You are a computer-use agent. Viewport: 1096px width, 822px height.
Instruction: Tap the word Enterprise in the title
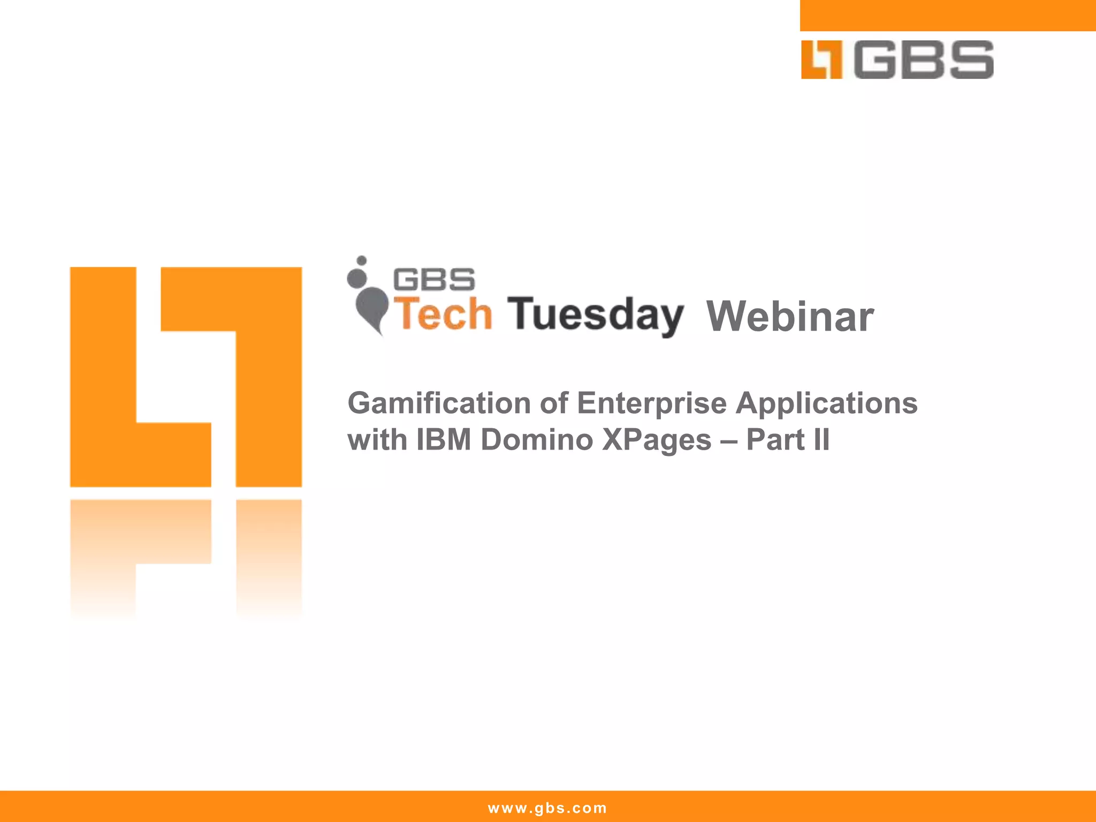click(x=651, y=404)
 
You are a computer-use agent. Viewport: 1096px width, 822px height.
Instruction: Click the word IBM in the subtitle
click(x=444, y=440)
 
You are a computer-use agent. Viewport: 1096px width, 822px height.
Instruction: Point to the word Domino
click(x=537, y=440)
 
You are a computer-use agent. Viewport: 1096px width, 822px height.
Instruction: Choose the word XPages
click(x=656, y=440)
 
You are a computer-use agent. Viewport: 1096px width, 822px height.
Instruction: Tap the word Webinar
click(x=790, y=317)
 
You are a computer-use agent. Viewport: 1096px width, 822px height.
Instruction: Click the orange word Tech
click(x=443, y=315)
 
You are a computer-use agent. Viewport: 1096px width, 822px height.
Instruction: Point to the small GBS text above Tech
click(x=433, y=280)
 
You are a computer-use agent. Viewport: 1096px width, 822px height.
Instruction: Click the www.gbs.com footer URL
click(x=547, y=808)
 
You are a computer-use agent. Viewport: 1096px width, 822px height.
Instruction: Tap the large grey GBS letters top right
click(x=924, y=60)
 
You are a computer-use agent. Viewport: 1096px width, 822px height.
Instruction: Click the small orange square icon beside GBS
click(x=821, y=60)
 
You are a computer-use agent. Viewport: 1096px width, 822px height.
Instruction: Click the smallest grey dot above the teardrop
click(x=362, y=261)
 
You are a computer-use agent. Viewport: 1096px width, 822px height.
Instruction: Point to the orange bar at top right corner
click(x=947, y=15)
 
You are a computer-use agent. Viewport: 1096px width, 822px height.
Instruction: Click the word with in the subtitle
click(x=377, y=440)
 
